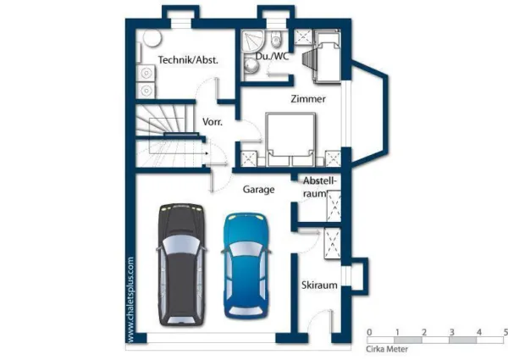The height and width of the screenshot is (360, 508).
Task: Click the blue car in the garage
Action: click(246, 265)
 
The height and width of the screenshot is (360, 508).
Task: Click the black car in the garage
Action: click(182, 264)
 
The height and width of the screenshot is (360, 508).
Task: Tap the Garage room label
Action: click(258, 189)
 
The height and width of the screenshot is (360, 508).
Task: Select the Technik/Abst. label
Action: click(188, 60)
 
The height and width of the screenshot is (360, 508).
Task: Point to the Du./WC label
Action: click(272, 56)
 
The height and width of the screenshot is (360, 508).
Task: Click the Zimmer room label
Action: click(308, 99)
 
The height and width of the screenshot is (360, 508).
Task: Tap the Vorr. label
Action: click(213, 122)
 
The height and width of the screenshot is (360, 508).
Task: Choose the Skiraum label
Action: click(319, 285)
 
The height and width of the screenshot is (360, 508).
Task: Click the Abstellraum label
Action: click(320, 187)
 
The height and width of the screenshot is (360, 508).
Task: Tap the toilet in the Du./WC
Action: click(276, 39)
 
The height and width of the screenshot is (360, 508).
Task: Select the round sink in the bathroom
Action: click(251, 66)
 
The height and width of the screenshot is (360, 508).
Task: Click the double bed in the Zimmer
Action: click(290, 139)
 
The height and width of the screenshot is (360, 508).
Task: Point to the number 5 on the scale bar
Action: click(505, 332)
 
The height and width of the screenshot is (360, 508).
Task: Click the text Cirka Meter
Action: click(387, 349)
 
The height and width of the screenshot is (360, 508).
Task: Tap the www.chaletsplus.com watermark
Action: click(130, 300)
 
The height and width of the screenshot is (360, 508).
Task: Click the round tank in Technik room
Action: click(152, 39)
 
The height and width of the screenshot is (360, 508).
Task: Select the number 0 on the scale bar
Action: click(369, 332)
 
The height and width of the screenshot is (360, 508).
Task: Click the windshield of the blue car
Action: click(246, 250)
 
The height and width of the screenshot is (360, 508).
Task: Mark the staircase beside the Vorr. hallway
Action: click(168, 136)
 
